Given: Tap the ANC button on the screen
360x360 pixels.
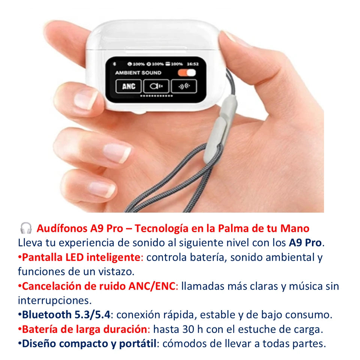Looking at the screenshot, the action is (x=128, y=86).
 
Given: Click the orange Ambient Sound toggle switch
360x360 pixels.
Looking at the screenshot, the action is (x=187, y=73).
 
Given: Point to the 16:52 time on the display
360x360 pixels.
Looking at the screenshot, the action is (x=193, y=64).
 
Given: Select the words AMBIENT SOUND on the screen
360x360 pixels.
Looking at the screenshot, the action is (x=138, y=73).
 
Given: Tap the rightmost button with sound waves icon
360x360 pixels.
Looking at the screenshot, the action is (x=184, y=86).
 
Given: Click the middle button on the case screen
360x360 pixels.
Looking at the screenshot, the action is (x=156, y=86).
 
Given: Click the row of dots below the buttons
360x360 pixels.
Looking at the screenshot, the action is (x=156, y=96).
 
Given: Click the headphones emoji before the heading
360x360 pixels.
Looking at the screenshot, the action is (x=26, y=228).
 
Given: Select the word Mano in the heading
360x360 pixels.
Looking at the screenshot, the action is (x=295, y=228).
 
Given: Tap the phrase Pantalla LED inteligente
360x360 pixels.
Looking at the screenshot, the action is (x=81, y=257).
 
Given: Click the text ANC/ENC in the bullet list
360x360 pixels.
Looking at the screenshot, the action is (x=152, y=286).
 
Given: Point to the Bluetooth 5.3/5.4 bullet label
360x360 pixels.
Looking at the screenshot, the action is (x=66, y=315).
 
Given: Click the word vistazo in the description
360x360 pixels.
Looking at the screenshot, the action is (x=116, y=272).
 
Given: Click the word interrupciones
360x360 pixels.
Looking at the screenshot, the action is (x=55, y=300).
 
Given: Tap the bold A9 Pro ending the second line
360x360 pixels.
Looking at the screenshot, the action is (x=305, y=243).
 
